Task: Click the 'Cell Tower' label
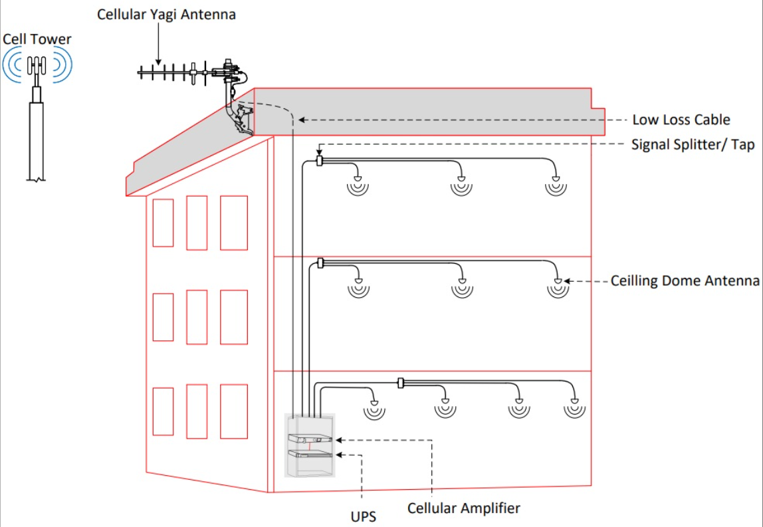[x=37, y=39]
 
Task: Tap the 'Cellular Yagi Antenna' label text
[x=166, y=14]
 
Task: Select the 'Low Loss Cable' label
[x=681, y=120]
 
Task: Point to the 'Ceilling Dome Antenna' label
[x=685, y=281]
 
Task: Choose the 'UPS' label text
[x=363, y=515]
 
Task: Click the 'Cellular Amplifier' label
[x=463, y=508]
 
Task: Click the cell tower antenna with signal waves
[x=37, y=66]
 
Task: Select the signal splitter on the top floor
[x=320, y=161]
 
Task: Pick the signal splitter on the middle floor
[x=320, y=263]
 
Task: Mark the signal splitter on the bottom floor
[x=401, y=383]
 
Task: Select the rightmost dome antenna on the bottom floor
[x=574, y=407]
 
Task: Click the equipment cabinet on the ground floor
[x=310, y=445]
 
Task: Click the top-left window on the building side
[x=163, y=223]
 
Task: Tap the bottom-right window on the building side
[x=234, y=411]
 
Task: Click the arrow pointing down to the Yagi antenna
[x=158, y=43]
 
